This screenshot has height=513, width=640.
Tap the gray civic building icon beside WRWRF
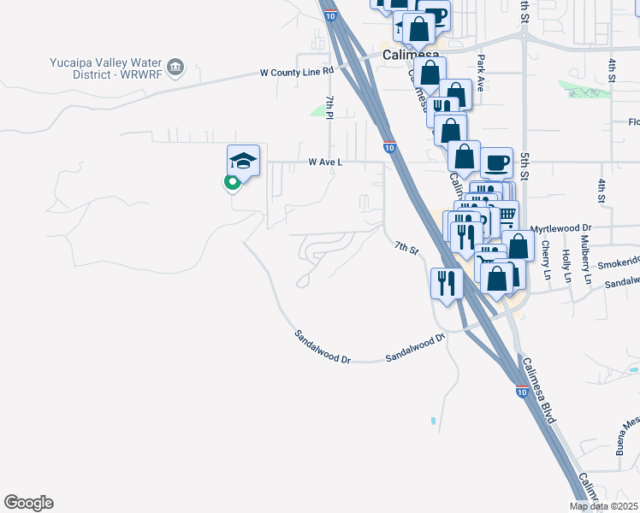[x=176, y=66]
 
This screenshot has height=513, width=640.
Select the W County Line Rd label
[x=296, y=73]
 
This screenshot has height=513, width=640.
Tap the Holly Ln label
[x=566, y=266]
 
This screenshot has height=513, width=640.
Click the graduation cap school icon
[x=243, y=161]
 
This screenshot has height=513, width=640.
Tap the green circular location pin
[x=230, y=181]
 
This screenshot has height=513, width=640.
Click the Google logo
[x=28, y=503]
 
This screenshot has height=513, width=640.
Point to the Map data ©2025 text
[x=602, y=506]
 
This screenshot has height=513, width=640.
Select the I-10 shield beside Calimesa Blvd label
[x=521, y=392]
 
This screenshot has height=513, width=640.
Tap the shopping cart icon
[x=507, y=214]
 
